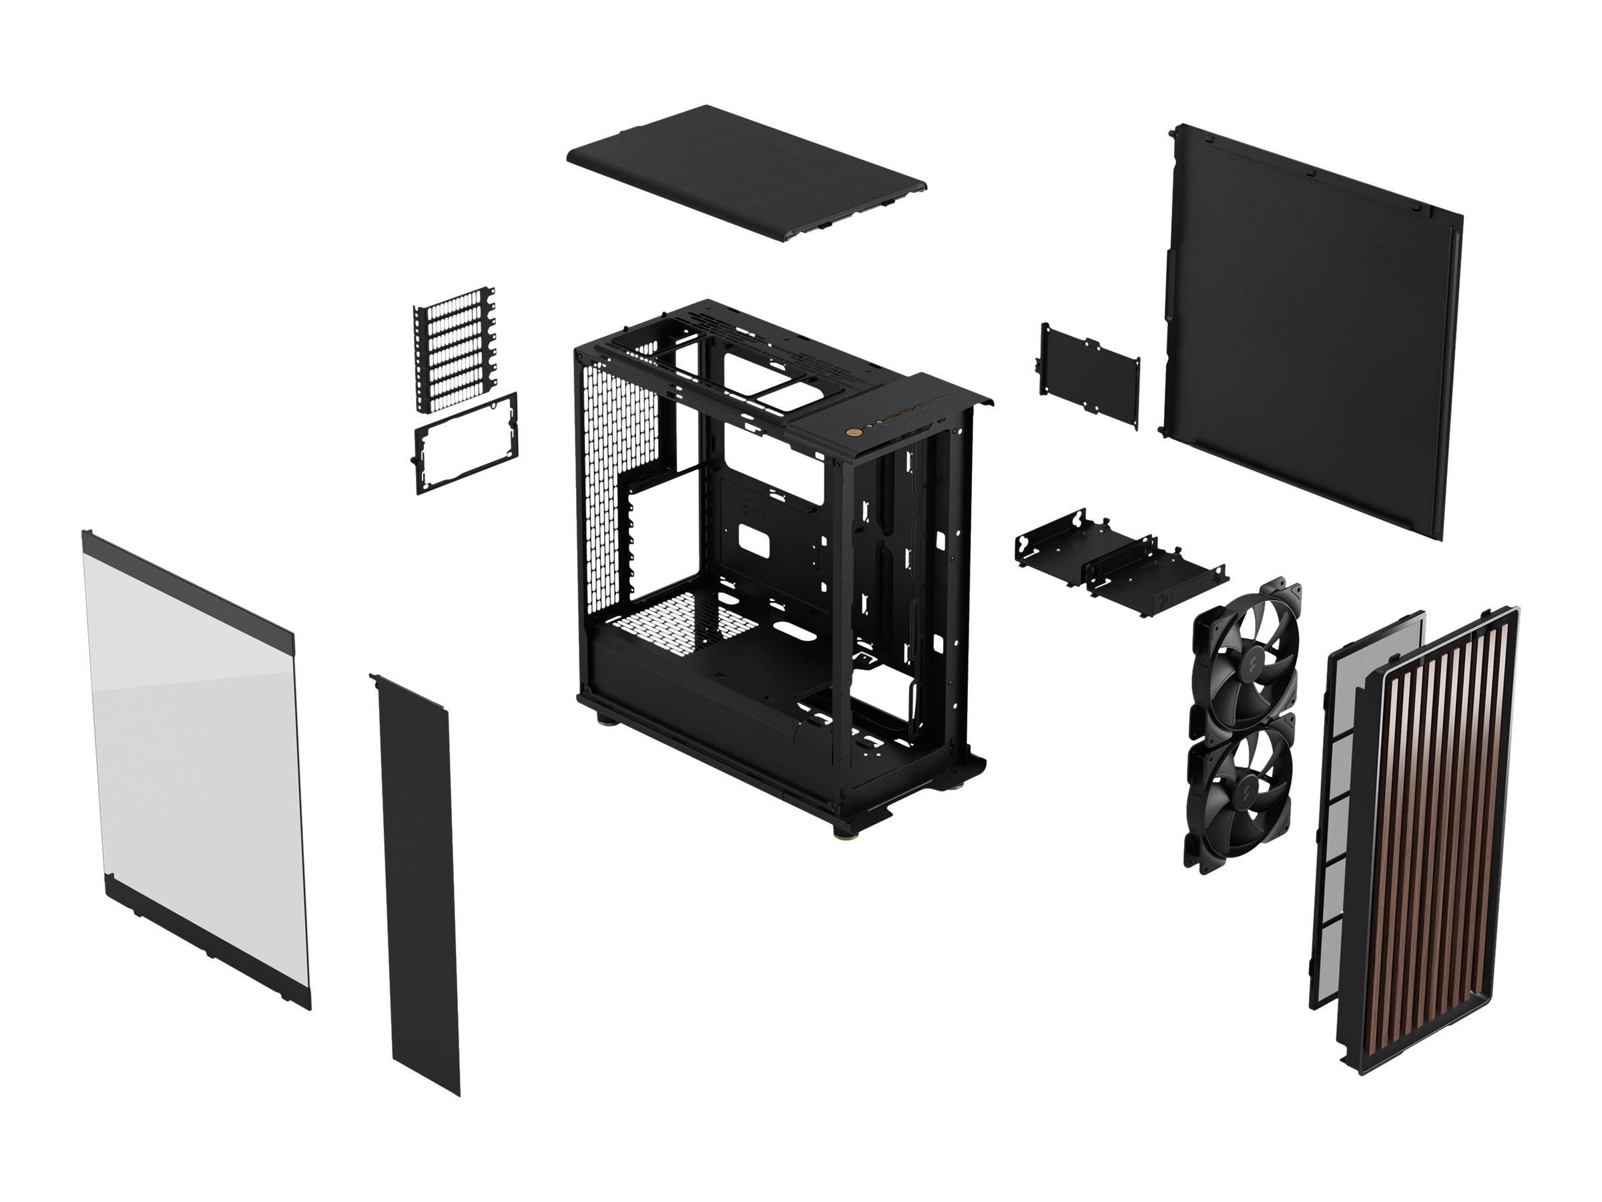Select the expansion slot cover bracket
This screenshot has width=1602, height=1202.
click(x=455, y=348)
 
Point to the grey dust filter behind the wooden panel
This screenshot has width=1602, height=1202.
click(x=1340, y=797)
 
